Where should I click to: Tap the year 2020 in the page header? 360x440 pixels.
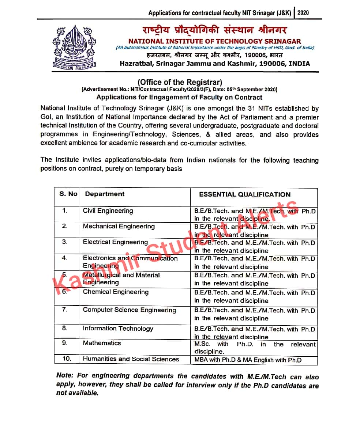(303, 12)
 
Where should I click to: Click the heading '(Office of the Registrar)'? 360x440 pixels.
(180, 82)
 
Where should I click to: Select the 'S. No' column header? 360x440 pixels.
(68, 194)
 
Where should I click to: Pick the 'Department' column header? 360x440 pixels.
(105, 194)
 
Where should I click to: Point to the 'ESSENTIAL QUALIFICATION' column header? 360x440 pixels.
(244, 194)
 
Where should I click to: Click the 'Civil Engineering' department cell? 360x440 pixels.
(108, 211)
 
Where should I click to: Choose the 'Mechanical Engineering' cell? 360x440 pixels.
(119, 227)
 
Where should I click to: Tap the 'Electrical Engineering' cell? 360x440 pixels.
(115, 242)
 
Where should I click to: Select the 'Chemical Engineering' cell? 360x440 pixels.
(116, 292)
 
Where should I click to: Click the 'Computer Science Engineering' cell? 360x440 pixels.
(129, 310)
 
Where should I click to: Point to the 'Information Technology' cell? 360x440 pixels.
(118, 329)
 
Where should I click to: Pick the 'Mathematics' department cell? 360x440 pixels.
(102, 343)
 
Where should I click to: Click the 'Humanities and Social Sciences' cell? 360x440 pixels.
(131, 359)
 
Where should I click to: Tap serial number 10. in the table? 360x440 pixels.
(67, 359)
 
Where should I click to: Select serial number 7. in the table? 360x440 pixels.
(65, 310)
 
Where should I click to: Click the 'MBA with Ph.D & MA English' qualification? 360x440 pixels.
(248, 360)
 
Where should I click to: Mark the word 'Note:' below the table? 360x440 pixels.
(64, 376)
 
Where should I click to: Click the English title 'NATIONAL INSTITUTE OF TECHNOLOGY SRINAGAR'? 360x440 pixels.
(214, 41)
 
